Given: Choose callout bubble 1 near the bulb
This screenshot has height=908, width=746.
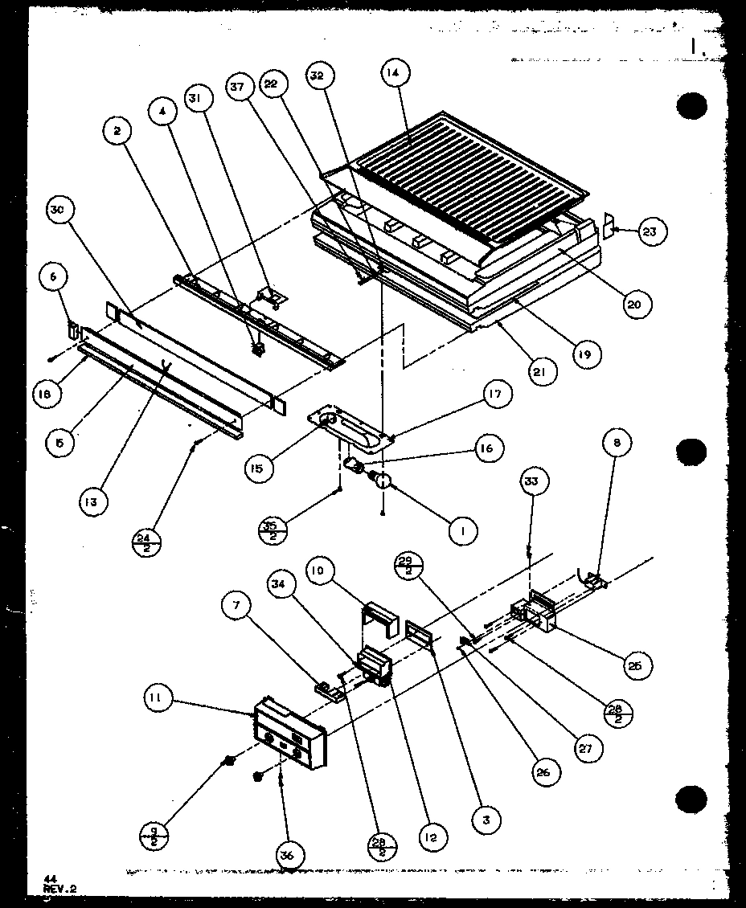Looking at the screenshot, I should [463, 530].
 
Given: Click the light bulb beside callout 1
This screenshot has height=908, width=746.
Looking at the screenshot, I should [381, 481].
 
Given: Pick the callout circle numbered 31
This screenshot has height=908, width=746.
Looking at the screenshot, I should [193, 98].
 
